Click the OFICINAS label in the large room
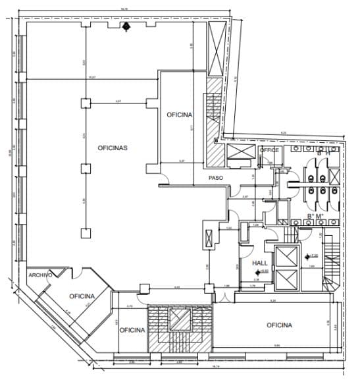(x=112, y=148)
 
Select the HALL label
(x=259, y=263)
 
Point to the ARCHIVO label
(x=39, y=275)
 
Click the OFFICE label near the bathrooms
(x=269, y=150)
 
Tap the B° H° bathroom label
(x=324, y=153)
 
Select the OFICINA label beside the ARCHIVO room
(x=82, y=296)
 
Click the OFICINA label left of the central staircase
(x=132, y=330)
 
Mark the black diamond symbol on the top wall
(x=126, y=26)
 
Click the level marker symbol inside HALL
(x=258, y=271)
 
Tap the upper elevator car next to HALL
(x=285, y=257)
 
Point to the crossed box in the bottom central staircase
(x=179, y=319)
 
